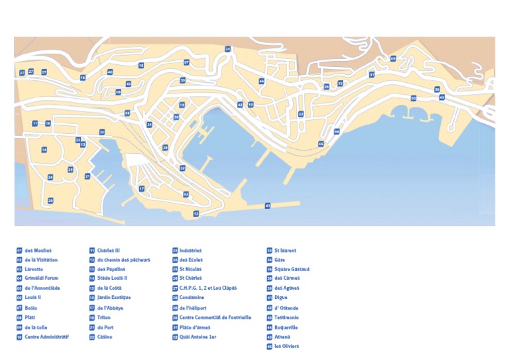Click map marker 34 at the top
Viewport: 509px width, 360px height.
point(228,49)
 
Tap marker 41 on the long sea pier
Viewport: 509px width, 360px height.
point(268,206)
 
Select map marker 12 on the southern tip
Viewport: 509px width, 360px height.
point(196,213)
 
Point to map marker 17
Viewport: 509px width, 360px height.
point(142,189)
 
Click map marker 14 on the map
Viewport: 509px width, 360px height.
point(44,150)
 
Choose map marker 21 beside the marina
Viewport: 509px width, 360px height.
point(87,176)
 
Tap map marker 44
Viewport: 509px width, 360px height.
point(262,81)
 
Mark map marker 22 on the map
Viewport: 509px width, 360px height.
point(300,115)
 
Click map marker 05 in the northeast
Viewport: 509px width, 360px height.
point(393,59)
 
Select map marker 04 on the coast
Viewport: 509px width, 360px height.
point(337,132)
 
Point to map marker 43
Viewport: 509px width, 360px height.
point(442,97)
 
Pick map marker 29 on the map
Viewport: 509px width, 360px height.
point(50,200)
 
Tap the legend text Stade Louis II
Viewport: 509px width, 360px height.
point(115,279)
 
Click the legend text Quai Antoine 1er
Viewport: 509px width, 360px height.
point(199,337)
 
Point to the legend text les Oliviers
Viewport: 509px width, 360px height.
point(286,347)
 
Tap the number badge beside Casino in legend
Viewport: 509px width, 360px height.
point(92,337)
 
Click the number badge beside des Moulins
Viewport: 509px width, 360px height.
point(19,251)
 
